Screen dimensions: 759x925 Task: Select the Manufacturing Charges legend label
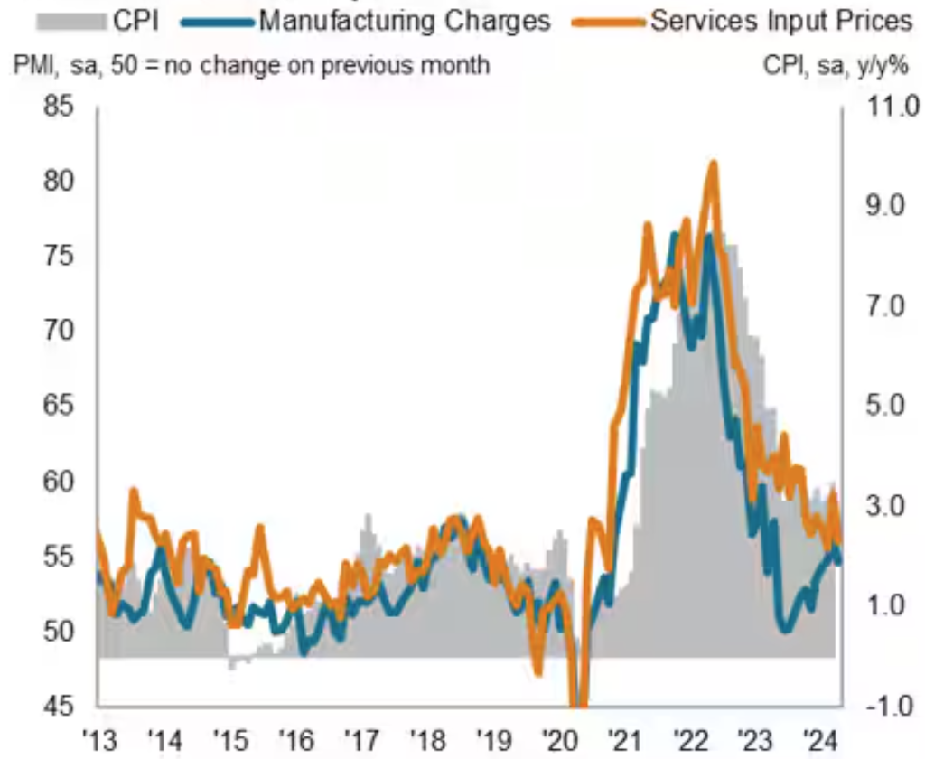[x=405, y=20]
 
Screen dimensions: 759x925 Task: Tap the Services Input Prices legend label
[x=781, y=20]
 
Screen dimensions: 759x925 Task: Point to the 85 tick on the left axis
[x=61, y=108]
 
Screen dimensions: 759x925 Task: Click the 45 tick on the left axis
[x=61, y=706]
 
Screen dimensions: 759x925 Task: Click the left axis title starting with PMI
[x=250, y=66]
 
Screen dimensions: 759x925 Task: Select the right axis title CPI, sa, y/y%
[x=836, y=66]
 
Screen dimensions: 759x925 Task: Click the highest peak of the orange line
[x=714, y=164]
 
